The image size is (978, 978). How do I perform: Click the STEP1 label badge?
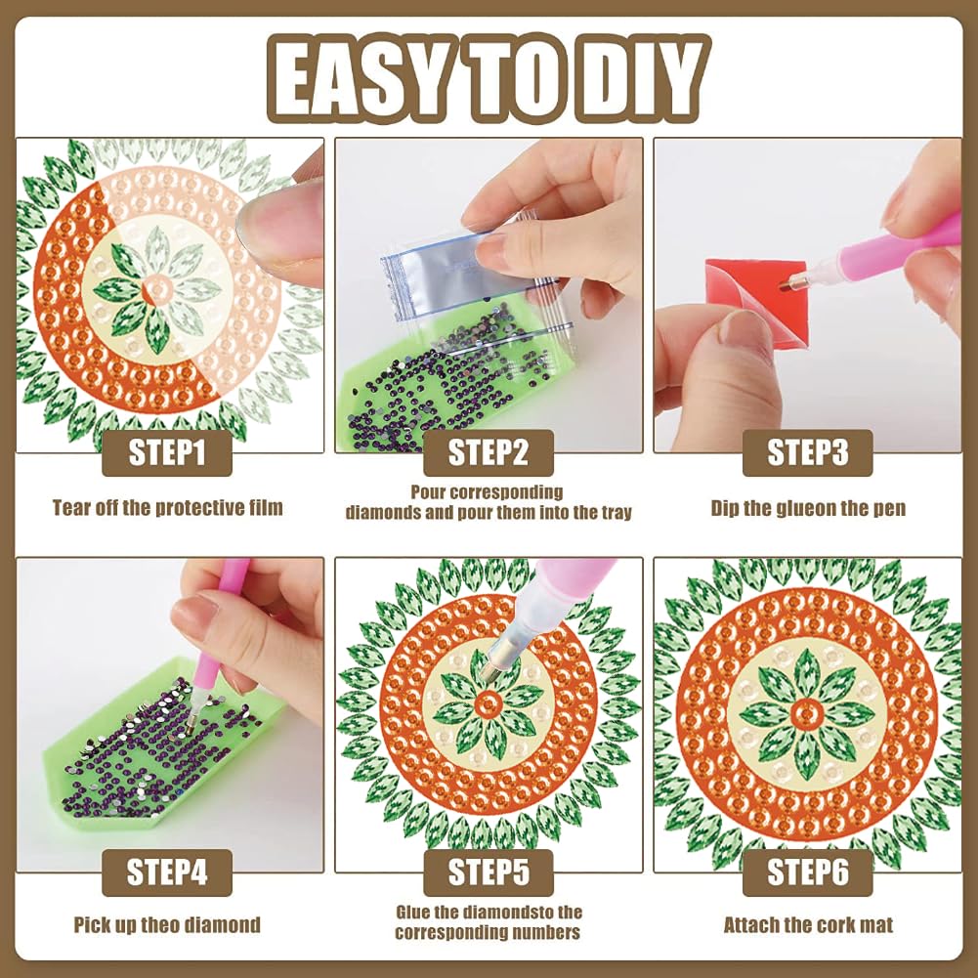[166, 452]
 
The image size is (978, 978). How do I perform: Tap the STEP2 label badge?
[488, 452]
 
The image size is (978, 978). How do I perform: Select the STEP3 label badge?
[807, 452]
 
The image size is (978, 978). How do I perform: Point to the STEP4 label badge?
[166, 872]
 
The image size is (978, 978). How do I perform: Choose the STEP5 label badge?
[488, 872]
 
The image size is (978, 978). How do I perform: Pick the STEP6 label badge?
[807, 872]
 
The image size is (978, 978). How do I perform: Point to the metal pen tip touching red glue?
[788, 282]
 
